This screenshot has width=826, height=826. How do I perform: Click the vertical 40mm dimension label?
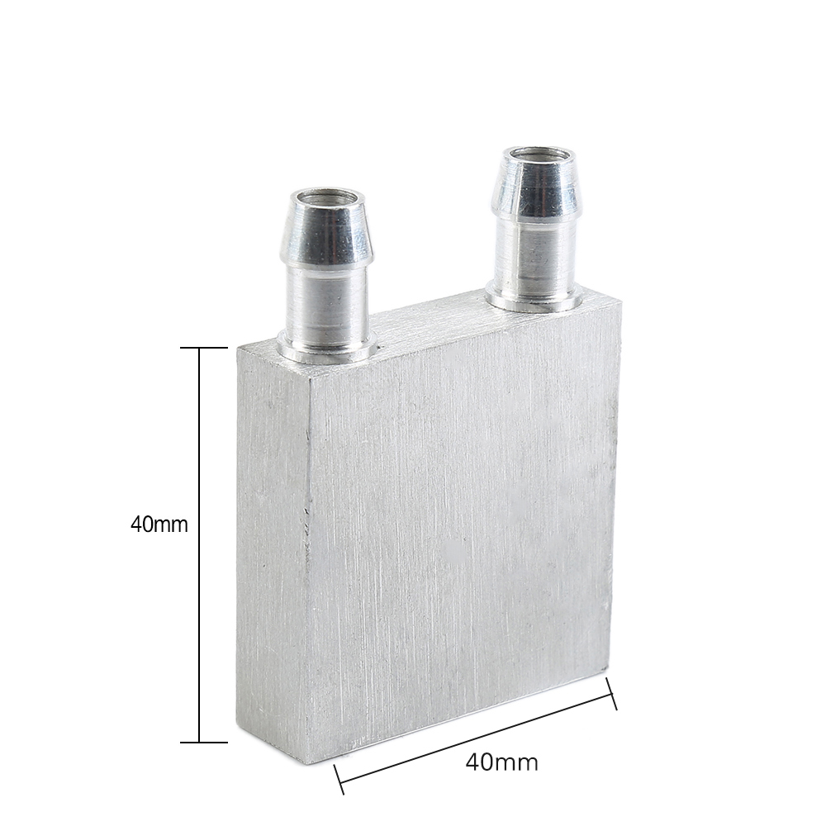coord(159,525)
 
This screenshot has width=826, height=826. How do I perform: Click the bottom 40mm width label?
coord(501,762)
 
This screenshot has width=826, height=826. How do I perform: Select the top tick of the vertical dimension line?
coord(201,348)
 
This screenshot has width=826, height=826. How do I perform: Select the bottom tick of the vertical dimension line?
coord(201,742)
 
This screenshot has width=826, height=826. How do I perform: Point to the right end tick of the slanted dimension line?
coord(612,693)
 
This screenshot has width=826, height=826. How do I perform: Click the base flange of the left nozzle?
coord(325,354)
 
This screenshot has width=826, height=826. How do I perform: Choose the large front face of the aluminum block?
coord(463,529)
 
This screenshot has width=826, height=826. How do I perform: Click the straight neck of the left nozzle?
coord(327,306)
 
